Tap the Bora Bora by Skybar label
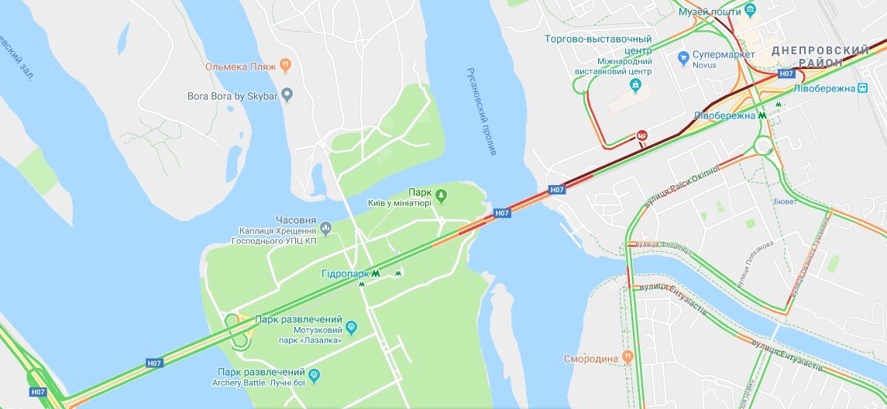click(233, 96)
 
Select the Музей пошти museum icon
click(750, 11)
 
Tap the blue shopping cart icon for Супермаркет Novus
click(682, 57)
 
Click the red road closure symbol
click(642, 136)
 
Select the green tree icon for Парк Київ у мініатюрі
click(441, 194)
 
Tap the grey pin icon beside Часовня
click(325, 227)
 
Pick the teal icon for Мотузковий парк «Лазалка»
click(351, 327)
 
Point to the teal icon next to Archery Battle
click(314, 376)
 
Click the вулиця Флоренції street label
click(662, 244)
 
